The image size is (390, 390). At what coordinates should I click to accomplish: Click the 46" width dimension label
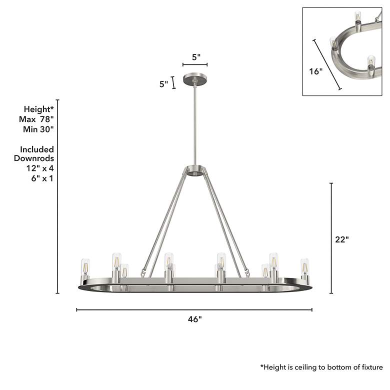[x=195, y=319]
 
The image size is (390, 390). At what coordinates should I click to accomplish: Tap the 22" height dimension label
[x=342, y=239]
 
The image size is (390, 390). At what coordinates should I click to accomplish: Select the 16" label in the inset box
[x=315, y=71]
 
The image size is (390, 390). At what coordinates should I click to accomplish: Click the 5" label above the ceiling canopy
[x=196, y=57]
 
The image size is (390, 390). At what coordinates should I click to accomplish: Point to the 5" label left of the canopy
[x=164, y=84]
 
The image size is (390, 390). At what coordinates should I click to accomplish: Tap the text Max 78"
[x=36, y=119]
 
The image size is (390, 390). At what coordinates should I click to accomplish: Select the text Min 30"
[x=38, y=129]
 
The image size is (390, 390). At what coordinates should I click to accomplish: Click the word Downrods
[x=34, y=158]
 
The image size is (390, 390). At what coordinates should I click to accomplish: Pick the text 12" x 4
[x=40, y=168]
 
